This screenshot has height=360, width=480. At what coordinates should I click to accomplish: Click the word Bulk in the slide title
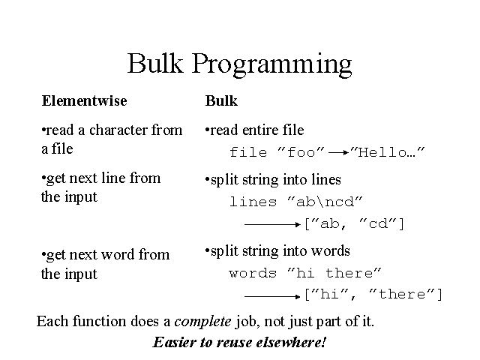click(155, 63)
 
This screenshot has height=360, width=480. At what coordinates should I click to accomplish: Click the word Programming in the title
click(271, 65)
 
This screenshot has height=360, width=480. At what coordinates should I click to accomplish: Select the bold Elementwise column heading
click(84, 100)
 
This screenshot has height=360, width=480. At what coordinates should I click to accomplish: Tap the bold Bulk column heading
click(221, 100)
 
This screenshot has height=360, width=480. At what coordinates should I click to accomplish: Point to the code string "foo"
click(301, 151)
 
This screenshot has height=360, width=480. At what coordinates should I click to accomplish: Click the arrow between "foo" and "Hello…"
click(338, 152)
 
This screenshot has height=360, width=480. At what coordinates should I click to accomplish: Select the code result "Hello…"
click(388, 151)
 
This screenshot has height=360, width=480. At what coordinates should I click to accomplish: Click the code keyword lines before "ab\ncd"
click(253, 202)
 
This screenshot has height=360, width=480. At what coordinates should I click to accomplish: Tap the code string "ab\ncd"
click(325, 202)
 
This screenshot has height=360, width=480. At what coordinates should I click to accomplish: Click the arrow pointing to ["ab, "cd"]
click(272, 225)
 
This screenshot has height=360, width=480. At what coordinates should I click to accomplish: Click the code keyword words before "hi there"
click(253, 273)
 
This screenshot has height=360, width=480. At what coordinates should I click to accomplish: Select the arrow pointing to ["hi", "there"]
click(272, 296)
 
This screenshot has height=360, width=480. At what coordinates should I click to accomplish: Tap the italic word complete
click(202, 322)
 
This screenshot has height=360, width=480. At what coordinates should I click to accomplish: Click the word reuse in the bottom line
click(235, 342)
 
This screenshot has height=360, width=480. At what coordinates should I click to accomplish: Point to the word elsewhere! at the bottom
click(291, 342)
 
